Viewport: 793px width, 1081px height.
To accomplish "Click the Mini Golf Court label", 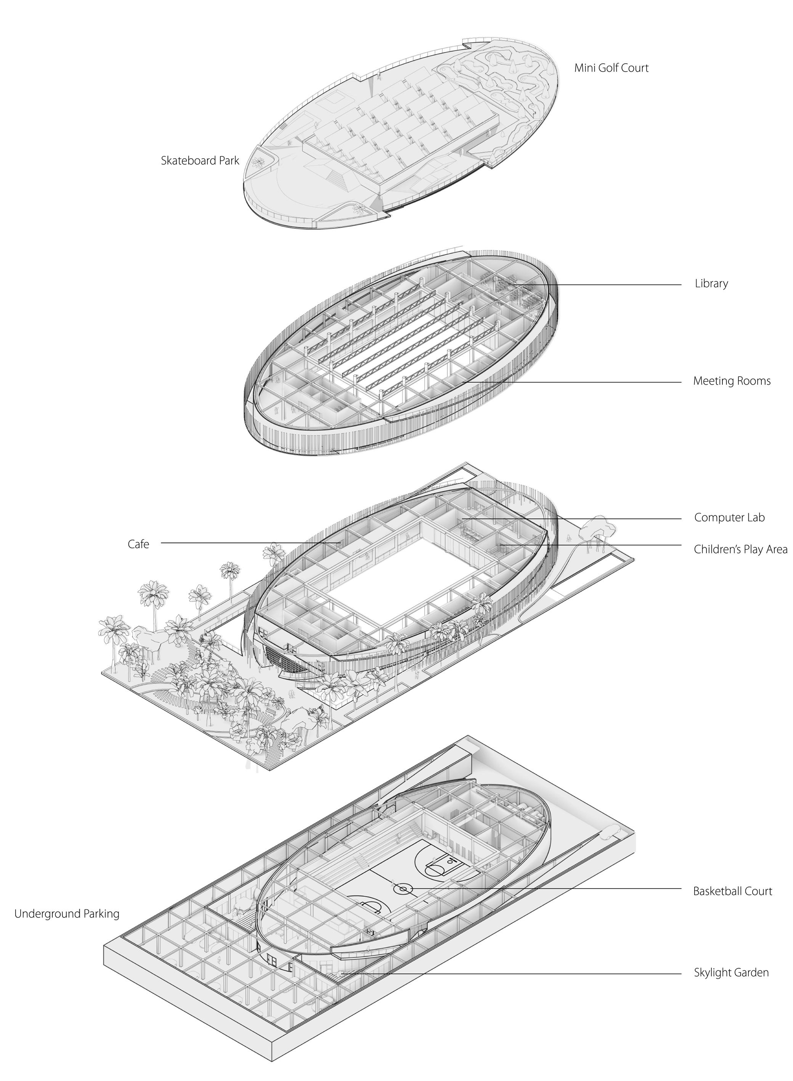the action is pyautogui.click(x=611, y=67).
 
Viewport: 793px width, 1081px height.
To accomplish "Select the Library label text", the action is pyautogui.click(x=711, y=283).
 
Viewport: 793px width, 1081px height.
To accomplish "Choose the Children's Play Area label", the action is pyautogui.click(x=740, y=549).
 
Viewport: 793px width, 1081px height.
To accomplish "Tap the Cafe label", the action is pyautogui.click(x=138, y=544).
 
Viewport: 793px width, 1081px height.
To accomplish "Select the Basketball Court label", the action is pyautogui.click(x=732, y=891).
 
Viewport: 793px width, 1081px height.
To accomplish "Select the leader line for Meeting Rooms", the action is pyautogui.click(x=576, y=382).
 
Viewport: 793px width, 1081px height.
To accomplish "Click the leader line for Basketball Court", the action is pyautogui.click(x=552, y=889).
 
